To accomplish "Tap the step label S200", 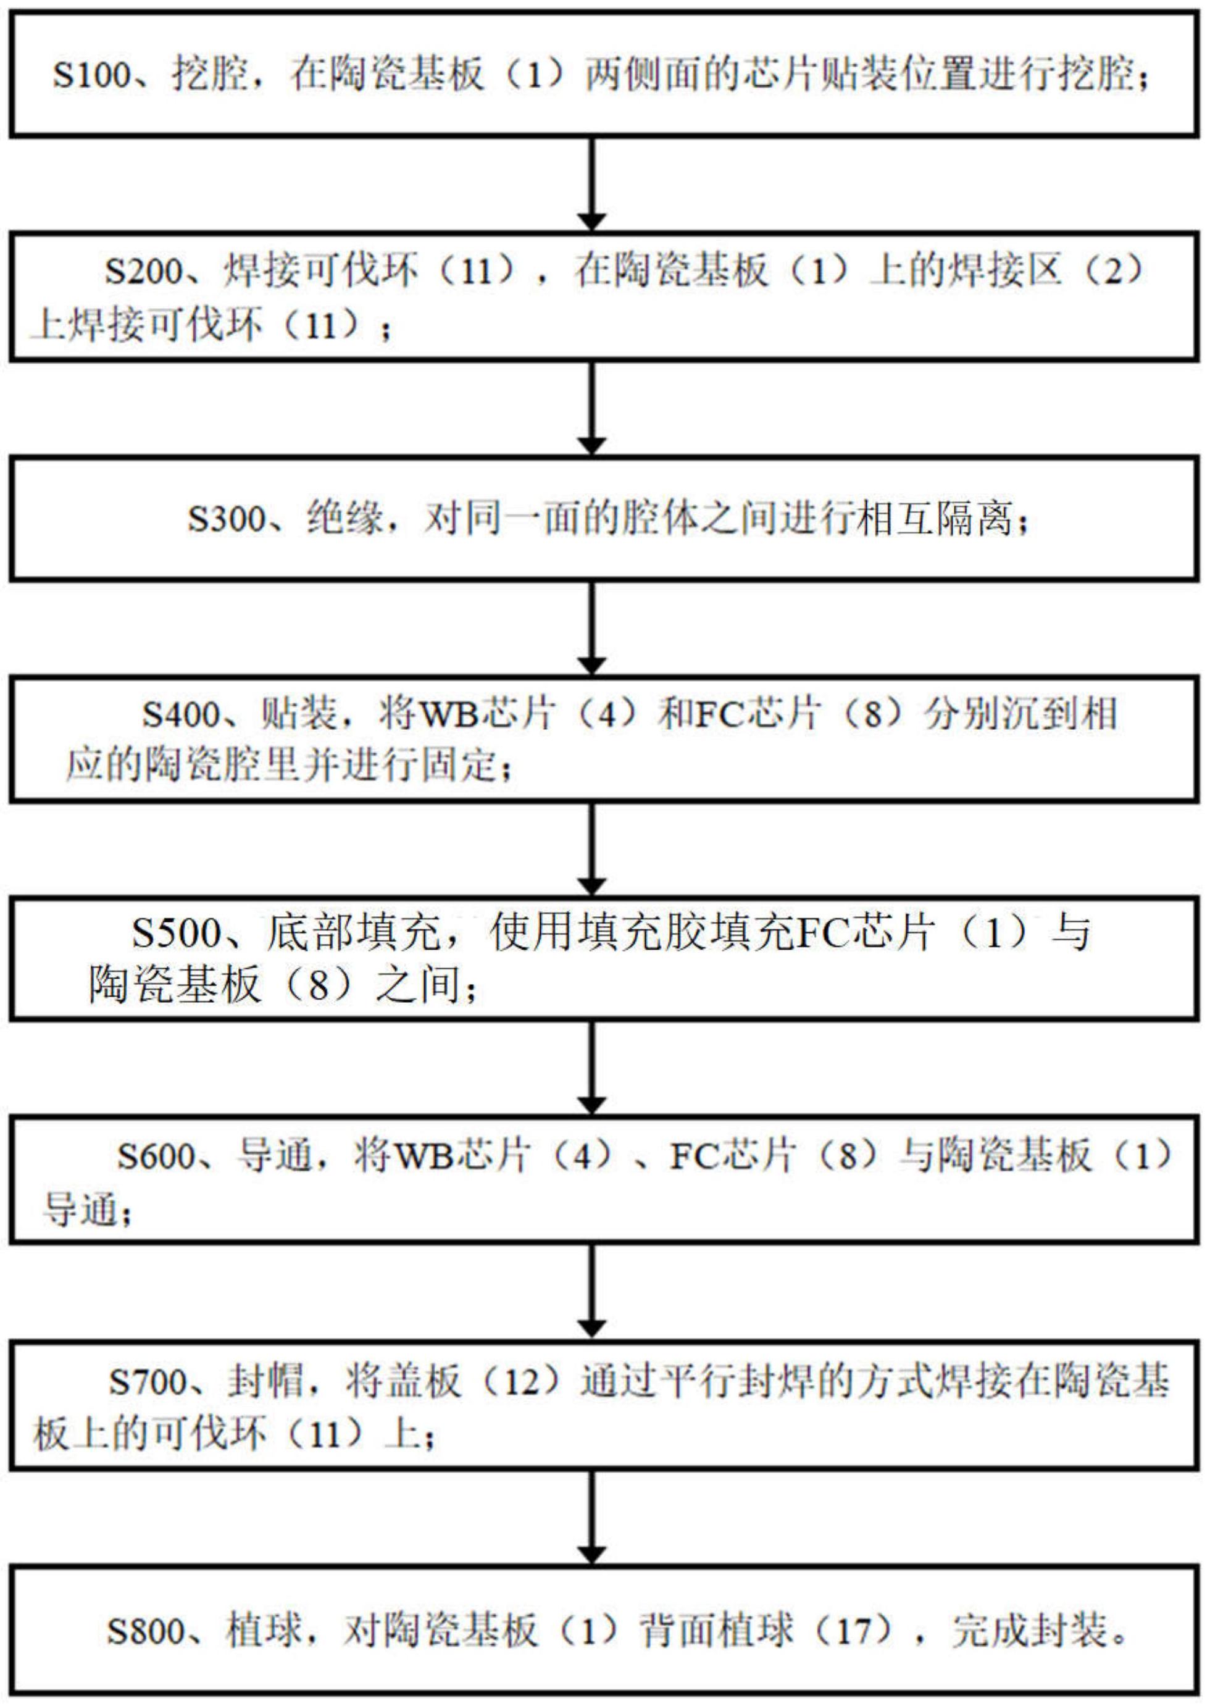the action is pos(143,271).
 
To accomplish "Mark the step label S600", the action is pos(156,1156).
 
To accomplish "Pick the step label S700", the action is pos(148,1382).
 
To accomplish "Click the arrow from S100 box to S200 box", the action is pos(591,185).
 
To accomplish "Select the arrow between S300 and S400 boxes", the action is pos(591,628).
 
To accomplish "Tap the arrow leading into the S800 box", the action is pos(591,1518).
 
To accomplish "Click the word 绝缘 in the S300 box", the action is pos(345,519).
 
